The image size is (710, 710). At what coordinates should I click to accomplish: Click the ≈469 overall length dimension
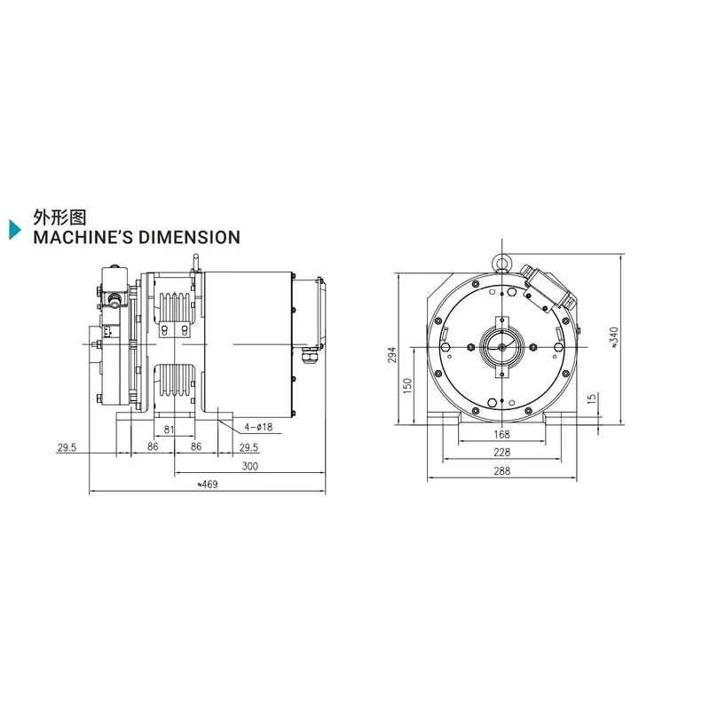pyautogui.click(x=208, y=485)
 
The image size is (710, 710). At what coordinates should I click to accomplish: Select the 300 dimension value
pyautogui.click(x=250, y=467)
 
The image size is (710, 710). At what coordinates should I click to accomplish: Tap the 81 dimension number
pyautogui.click(x=169, y=430)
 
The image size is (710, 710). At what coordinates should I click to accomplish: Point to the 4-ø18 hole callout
pyautogui.click(x=258, y=427)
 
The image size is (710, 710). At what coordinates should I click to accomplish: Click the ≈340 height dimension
pyautogui.click(x=614, y=337)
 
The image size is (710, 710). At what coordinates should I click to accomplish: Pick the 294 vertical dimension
pyautogui.click(x=392, y=354)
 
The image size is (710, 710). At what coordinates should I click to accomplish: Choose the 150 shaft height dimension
pyautogui.click(x=407, y=385)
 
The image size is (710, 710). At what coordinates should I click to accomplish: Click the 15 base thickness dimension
pyautogui.click(x=592, y=398)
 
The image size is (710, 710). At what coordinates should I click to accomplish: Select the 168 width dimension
pyautogui.click(x=501, y=435)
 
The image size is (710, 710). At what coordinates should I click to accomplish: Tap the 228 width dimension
pyautogui.click(x=501, y=453)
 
